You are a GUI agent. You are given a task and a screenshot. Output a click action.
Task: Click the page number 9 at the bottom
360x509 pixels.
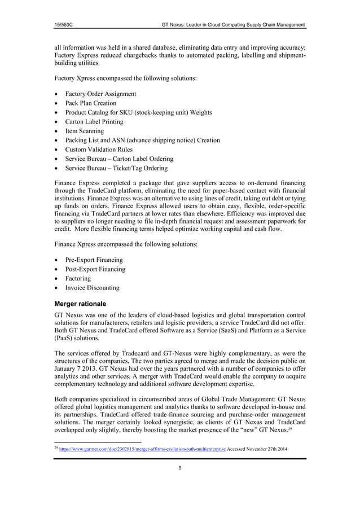click(x=180, y=467)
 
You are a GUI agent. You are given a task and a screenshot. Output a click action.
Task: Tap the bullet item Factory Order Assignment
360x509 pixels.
click(x=100, y=94)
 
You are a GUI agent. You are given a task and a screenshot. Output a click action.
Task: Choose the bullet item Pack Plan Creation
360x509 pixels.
click(x=91, y=103)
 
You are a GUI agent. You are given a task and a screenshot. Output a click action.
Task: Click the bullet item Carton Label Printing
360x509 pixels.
click(x=94, y=122)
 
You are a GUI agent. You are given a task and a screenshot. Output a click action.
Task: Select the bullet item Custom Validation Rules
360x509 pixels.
click(x=99, y=150)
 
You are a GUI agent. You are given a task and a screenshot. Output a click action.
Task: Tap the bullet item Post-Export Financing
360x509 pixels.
click(x=95, y=269)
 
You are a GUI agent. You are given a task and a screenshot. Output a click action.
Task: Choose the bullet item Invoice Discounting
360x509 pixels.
click(x=93, y=288)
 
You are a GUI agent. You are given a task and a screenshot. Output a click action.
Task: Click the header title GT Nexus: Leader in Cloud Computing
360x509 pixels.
click(x=233, y=24)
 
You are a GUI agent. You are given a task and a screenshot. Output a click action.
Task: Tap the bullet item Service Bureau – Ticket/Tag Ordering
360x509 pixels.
click(x=116, y=168)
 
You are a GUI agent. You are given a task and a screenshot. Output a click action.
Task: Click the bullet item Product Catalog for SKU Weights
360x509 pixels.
click(x=138, y=112)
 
